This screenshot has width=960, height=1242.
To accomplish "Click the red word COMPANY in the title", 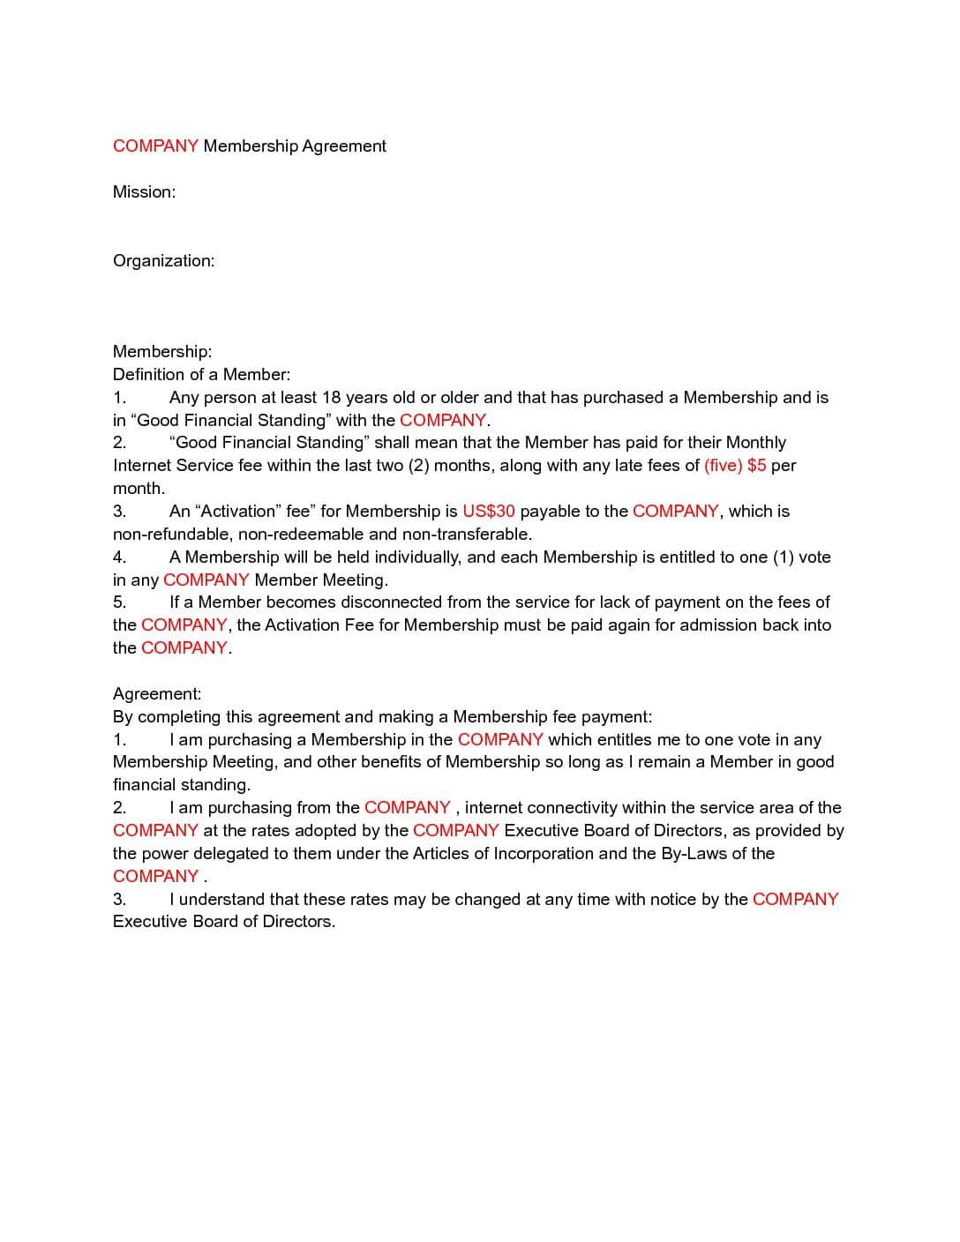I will coord(155,146).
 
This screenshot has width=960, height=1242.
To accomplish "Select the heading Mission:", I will coord(144,191).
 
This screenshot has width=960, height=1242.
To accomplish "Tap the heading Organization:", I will coord(163,260).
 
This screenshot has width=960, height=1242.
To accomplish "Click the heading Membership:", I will coord(162,351).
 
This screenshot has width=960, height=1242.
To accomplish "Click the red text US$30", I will coord(488,511).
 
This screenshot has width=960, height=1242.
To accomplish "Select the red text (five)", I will coord(723,465).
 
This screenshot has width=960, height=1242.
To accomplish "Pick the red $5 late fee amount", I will coord(756,465).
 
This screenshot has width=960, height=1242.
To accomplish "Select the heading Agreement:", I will coord(157,693).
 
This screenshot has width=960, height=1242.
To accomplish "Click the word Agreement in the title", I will coord(344,146).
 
